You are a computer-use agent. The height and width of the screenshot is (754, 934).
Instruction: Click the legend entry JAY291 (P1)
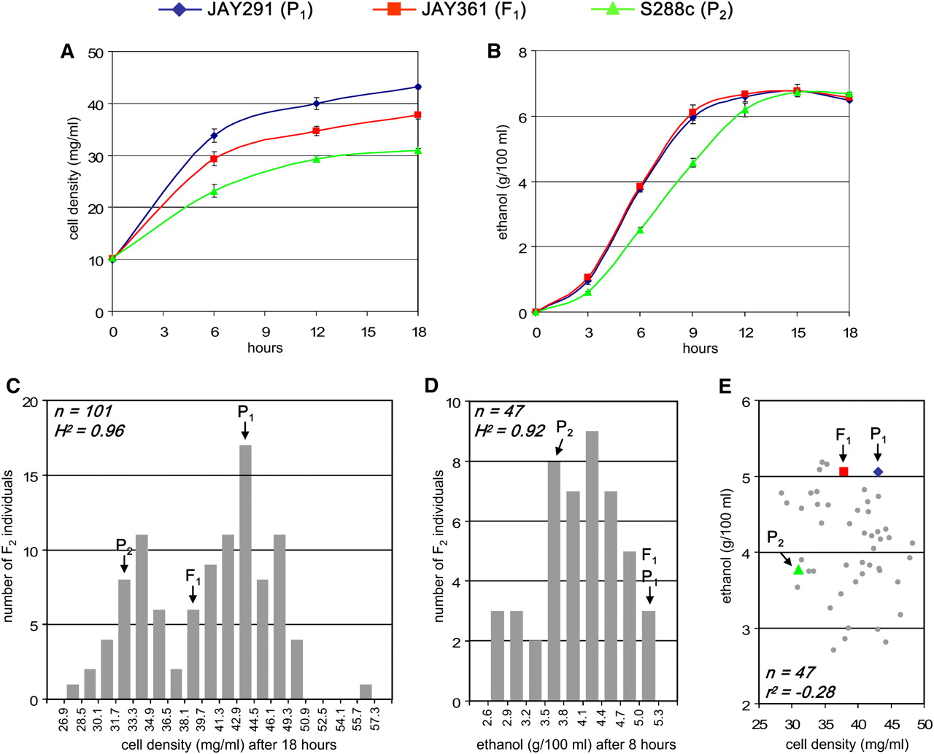(235, 11)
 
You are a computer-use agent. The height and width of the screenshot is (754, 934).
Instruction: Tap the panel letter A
(67, 52)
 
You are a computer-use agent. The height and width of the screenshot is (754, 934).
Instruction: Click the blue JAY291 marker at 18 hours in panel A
(418, 87)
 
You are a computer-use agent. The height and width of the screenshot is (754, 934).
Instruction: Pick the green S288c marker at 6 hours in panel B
(640, 230)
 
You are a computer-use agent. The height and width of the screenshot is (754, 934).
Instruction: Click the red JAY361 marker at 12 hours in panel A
(316, 131)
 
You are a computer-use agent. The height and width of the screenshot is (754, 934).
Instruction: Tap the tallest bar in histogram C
(245, 572)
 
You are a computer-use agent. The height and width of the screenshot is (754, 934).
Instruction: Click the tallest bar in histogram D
(592, 567)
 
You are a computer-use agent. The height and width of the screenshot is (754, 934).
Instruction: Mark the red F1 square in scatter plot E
(844, 472)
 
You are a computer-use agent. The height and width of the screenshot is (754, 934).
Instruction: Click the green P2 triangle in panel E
(798, 570)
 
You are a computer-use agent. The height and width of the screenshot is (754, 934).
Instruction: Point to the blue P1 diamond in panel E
(878, 472)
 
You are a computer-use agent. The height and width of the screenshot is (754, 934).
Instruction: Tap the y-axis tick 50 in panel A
(96, 53)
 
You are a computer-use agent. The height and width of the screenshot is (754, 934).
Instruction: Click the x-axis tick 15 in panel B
(798, 333)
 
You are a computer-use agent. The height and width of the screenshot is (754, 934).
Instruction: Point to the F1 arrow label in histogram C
(193, 576)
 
